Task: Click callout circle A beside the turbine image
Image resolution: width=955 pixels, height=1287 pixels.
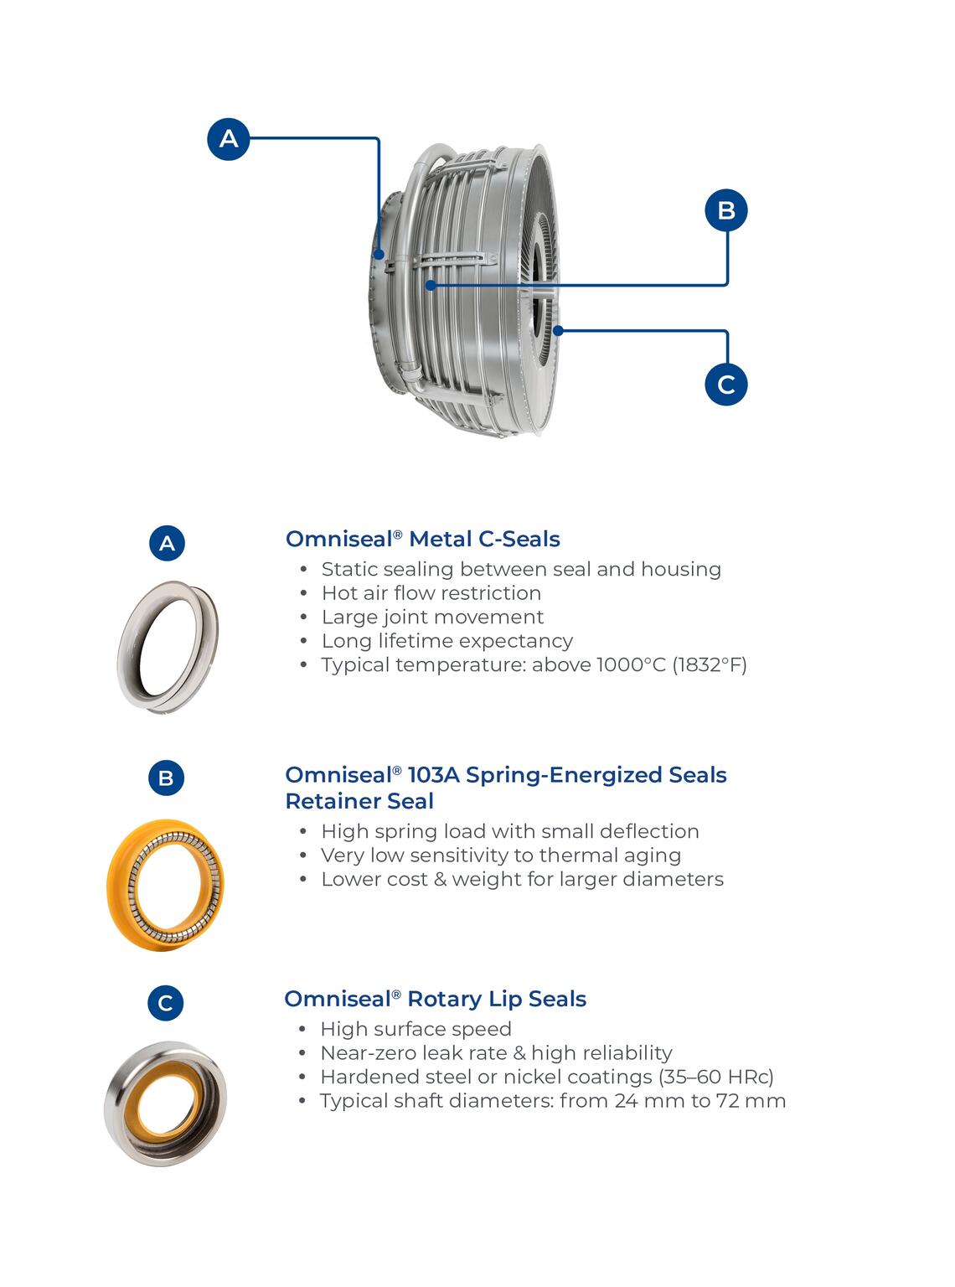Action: pos(229,138)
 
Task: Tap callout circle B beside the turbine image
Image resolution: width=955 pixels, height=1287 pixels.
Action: pos(725,209)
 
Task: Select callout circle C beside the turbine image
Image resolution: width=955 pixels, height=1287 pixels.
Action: pos(725,385)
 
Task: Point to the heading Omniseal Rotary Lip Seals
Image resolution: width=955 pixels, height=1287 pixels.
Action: pos(435,999)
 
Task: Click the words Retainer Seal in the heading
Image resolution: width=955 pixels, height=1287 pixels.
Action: pos(359,801)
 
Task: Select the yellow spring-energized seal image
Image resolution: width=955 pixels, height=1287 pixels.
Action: pos(166,885)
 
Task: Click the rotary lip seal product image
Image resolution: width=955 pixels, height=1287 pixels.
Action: pos(165,1104)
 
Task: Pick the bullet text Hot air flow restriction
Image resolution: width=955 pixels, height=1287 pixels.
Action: pos(431,593)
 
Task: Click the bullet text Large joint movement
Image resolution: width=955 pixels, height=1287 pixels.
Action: pos(432,618)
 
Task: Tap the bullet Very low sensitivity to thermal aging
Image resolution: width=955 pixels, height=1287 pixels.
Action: pos(500,855)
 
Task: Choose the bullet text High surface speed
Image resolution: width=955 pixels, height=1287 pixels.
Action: pos(416,1029)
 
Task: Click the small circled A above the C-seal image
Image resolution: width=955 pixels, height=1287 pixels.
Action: pos(167,543)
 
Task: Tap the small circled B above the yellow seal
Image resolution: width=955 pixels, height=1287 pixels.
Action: pos(166,778)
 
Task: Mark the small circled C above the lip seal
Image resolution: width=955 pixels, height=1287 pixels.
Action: pos(165,1003)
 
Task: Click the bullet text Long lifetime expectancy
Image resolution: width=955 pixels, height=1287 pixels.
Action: pos(447,641)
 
